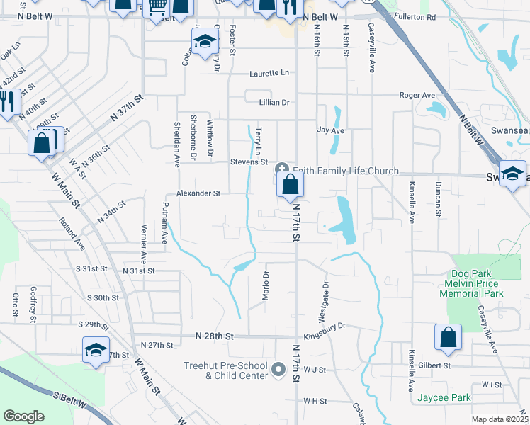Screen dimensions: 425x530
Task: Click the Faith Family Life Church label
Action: coord(346,171)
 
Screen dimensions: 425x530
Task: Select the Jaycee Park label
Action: coord(444,398)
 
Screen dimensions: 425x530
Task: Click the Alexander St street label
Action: coord(198,193)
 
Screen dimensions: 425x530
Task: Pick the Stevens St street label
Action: coord(249,162)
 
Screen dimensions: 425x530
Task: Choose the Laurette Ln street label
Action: coord(269,73)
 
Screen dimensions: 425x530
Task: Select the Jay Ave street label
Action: coord(330,131)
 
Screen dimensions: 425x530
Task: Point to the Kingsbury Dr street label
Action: coord(324,327)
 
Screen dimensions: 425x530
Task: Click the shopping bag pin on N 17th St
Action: coord(291,186)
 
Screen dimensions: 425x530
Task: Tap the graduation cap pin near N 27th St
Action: coord(96,351)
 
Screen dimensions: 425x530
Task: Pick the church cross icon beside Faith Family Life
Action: coord(281,169)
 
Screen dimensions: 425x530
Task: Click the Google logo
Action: coord(24,416)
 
